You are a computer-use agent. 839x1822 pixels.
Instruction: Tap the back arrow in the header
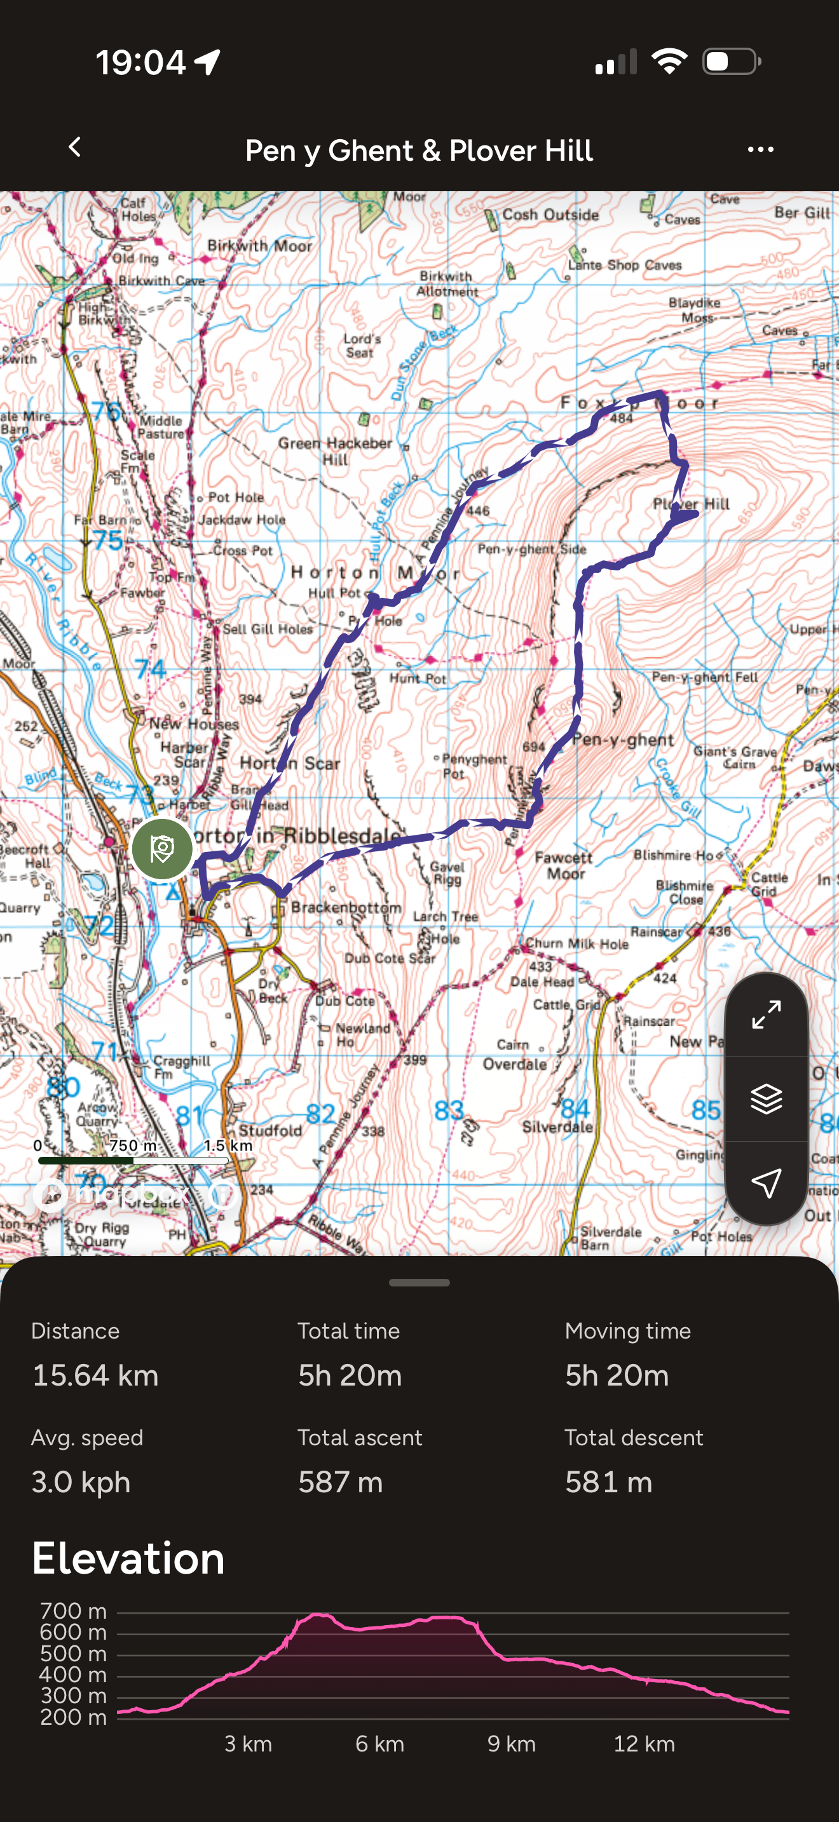(75, 148)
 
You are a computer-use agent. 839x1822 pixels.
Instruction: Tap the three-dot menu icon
(760, 149)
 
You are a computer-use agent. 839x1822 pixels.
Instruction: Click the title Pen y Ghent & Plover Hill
(419, 151)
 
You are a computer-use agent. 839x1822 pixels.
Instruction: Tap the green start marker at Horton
(162, 849)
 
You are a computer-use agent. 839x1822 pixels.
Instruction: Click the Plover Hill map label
(691, 504)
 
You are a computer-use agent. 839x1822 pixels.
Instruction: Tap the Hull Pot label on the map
(334, 593)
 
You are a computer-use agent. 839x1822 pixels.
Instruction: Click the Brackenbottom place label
(346, 907)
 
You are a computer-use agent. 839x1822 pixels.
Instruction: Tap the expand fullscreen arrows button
(766, 1015)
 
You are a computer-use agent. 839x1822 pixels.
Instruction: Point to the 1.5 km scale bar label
(228, 1145)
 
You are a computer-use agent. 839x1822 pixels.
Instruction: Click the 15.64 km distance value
(95, 1375)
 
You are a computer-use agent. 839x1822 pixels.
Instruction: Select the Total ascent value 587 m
(340, 1481)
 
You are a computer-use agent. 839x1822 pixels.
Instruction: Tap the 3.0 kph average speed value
(81, 1481)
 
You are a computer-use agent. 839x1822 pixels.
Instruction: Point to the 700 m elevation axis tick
(74, 1611)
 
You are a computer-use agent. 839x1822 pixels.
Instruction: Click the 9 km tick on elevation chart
(511, 1743)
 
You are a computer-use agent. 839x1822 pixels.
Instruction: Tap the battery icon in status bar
(731, 62)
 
